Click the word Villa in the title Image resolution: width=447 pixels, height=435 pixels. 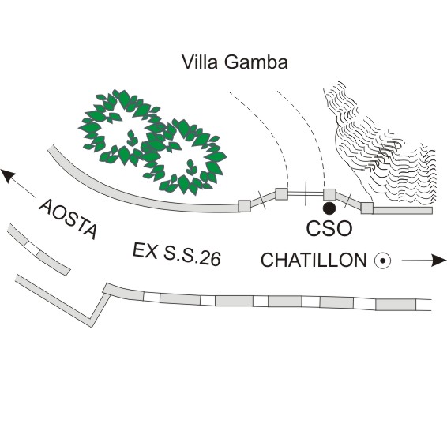(201, 62)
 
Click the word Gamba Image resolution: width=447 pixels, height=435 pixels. (256, 62)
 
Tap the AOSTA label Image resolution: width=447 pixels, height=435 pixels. (68, 219)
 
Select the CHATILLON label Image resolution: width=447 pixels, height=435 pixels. (314, 260)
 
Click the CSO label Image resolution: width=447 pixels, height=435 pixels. (329, 228)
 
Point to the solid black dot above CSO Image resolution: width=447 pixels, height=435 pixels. (329, 208)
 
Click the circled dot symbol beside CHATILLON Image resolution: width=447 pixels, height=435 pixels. (382, 261)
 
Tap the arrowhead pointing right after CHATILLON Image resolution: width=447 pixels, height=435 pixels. (438, 261)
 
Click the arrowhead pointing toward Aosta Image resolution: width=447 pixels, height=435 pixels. (8, 176)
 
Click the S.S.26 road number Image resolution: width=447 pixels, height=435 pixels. (193, 257)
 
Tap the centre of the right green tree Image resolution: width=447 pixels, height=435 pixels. (184, 157)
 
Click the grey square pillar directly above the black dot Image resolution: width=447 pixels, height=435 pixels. (329, 194)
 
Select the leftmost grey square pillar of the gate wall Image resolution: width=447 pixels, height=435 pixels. (244, 206)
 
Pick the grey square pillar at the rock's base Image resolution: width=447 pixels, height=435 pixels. (367, 208)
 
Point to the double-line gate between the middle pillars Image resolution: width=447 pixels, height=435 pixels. (306, 194)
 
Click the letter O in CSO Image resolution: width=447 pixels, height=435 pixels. (344, 228)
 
